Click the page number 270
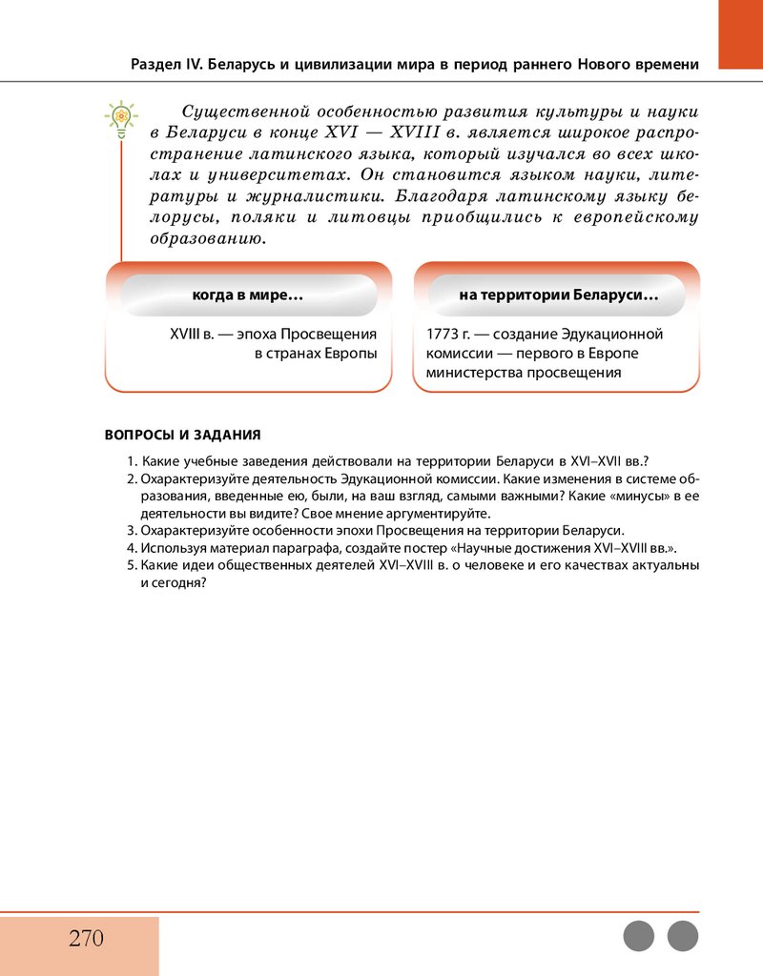coord(86,938)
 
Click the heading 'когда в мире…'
coord(248,295)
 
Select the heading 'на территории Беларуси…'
coord(558,295)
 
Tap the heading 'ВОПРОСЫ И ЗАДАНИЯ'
coord(182,436)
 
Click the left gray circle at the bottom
coord(639,936)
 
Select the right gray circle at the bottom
coord(683,936)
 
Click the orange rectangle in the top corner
coord(740,34)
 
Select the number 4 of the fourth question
coord(131,548)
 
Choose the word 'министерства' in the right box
coord(473,373)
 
